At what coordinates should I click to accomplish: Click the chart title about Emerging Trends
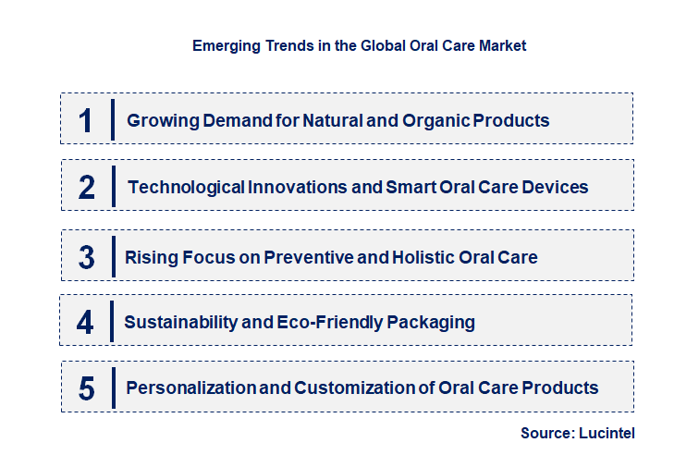point(359,45)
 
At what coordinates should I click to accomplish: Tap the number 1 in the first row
point(86,120)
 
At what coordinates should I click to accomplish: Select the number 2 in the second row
point(87,187)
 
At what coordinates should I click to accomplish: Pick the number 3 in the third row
point(86,257)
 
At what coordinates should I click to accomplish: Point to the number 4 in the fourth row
point(86,322)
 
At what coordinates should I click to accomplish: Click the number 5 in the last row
point(86,388)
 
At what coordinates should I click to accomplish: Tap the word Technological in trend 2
point(186,187)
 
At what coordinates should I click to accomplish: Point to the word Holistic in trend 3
point(417,257)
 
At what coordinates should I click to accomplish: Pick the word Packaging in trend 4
point(433,322)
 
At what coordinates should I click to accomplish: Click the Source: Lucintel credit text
point(578,433)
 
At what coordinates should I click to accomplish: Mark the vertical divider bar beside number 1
point(112,119)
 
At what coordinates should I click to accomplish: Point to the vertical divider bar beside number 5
point(112,387)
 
